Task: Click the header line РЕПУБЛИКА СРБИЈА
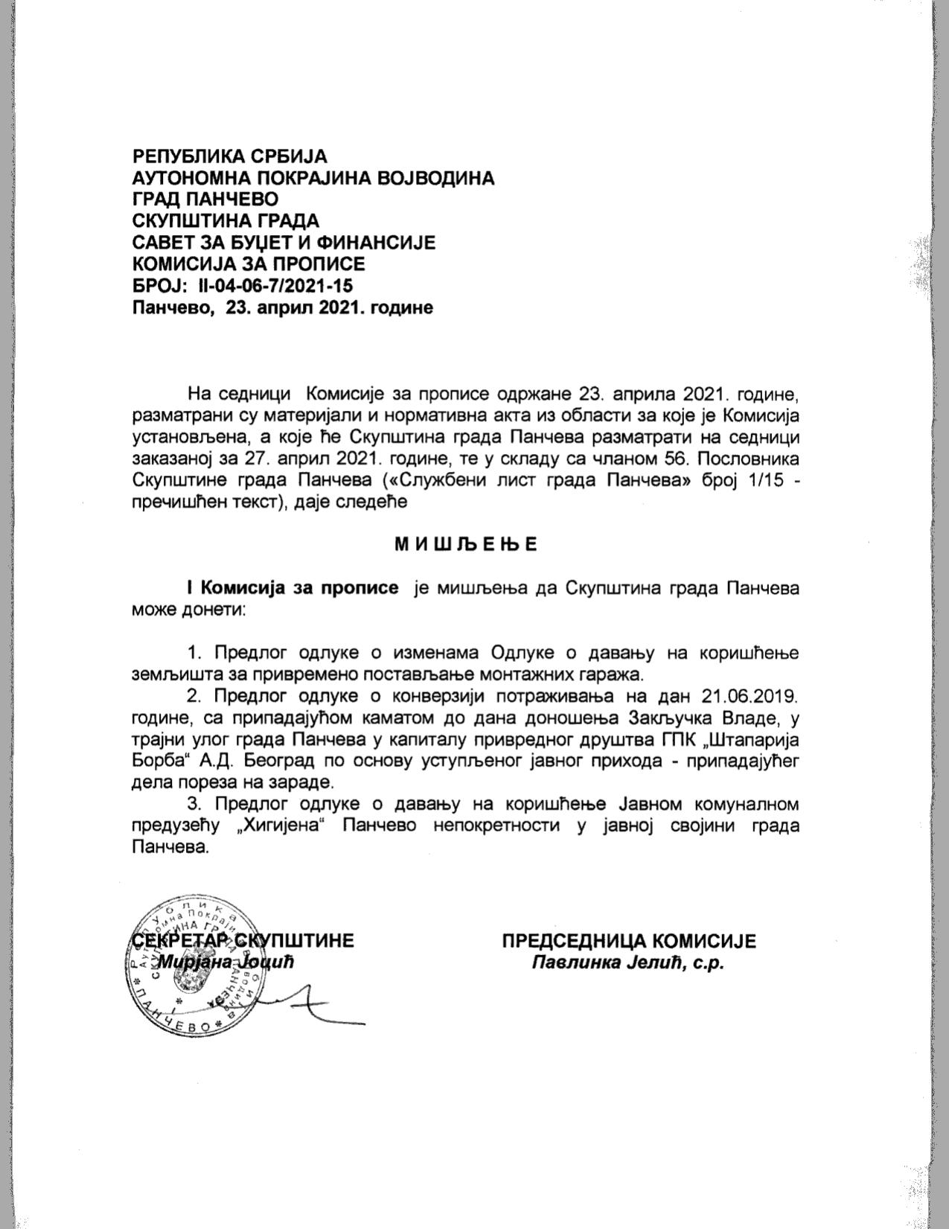coord(229,156)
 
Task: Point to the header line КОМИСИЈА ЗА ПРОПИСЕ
coord(249,264)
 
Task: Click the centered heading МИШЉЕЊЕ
coord(465,544)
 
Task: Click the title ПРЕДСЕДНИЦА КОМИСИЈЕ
coord(629,941)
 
